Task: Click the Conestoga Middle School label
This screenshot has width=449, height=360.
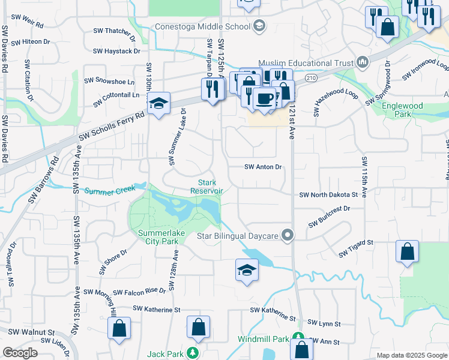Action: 202,26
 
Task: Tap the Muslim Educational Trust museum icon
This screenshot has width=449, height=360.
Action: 362,62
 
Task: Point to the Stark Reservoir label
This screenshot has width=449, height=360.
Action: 207,187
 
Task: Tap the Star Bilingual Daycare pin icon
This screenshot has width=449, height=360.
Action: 289,235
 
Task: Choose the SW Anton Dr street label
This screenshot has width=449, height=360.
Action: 263,167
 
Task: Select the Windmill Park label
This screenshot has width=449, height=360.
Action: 264,339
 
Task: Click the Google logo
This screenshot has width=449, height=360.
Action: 20,353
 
